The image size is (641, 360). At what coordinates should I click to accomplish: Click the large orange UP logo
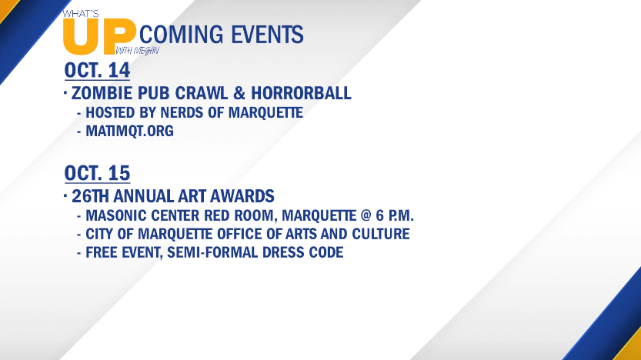[x=99, y=37]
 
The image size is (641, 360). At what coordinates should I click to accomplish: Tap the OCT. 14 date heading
[x=97, y=70]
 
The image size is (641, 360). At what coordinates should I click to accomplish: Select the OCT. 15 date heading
[x=97, y=173]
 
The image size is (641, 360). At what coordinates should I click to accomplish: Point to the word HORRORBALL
[x=301, y=93]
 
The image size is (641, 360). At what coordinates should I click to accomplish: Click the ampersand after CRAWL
[x=239, y=93]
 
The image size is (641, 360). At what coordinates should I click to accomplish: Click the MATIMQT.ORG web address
[x=129, y=132]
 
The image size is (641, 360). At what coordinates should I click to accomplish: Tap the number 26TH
[x=90, y=196]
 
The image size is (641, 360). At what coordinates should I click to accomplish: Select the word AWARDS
[x=242, y=196]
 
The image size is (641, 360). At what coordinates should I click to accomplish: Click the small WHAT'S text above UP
[x=81, y=14]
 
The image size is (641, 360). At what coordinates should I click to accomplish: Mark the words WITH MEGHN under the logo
[x=137, y=51]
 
